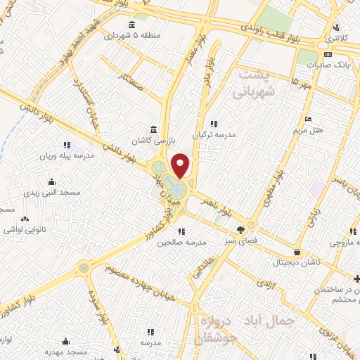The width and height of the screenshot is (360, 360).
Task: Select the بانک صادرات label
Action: (x=328, y=66)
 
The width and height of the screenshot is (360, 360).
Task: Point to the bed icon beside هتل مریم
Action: (x=307, y=118)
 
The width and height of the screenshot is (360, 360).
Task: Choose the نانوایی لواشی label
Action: (x=25, y=230)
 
